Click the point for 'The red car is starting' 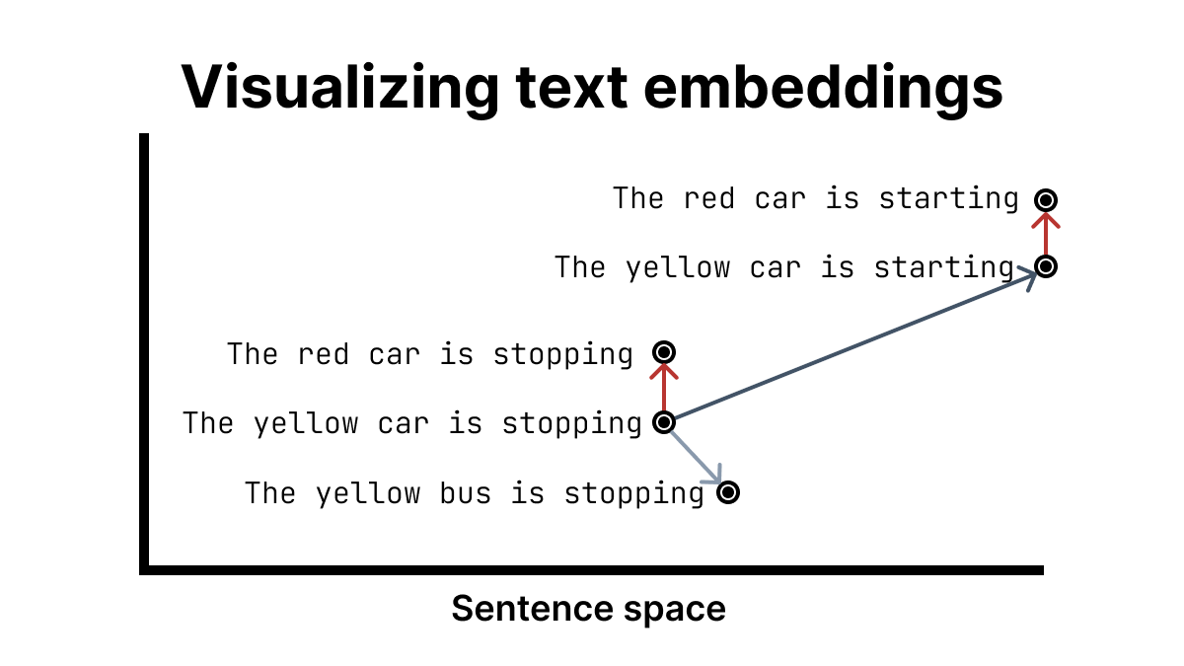tap(1046, 200)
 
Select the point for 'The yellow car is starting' tap(1046, 266)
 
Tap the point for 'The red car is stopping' tap(664, 352)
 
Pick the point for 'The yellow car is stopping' tap(664, 422)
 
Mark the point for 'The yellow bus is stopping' tap(728, 492)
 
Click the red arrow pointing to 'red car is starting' tap(1046, 234)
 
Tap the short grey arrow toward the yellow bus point tap(697, 457)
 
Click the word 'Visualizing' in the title tap(339, 88)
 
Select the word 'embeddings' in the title tap(823, 88)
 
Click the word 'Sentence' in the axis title tap(532, 609)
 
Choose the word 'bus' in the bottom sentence tap(465, 493)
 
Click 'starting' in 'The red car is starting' tap(948, 199)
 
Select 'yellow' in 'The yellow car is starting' tap(678, 268)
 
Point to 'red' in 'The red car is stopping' tap(323, 354)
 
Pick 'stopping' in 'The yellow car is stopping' tap(572, 424)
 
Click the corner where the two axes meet tap(144, 570)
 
